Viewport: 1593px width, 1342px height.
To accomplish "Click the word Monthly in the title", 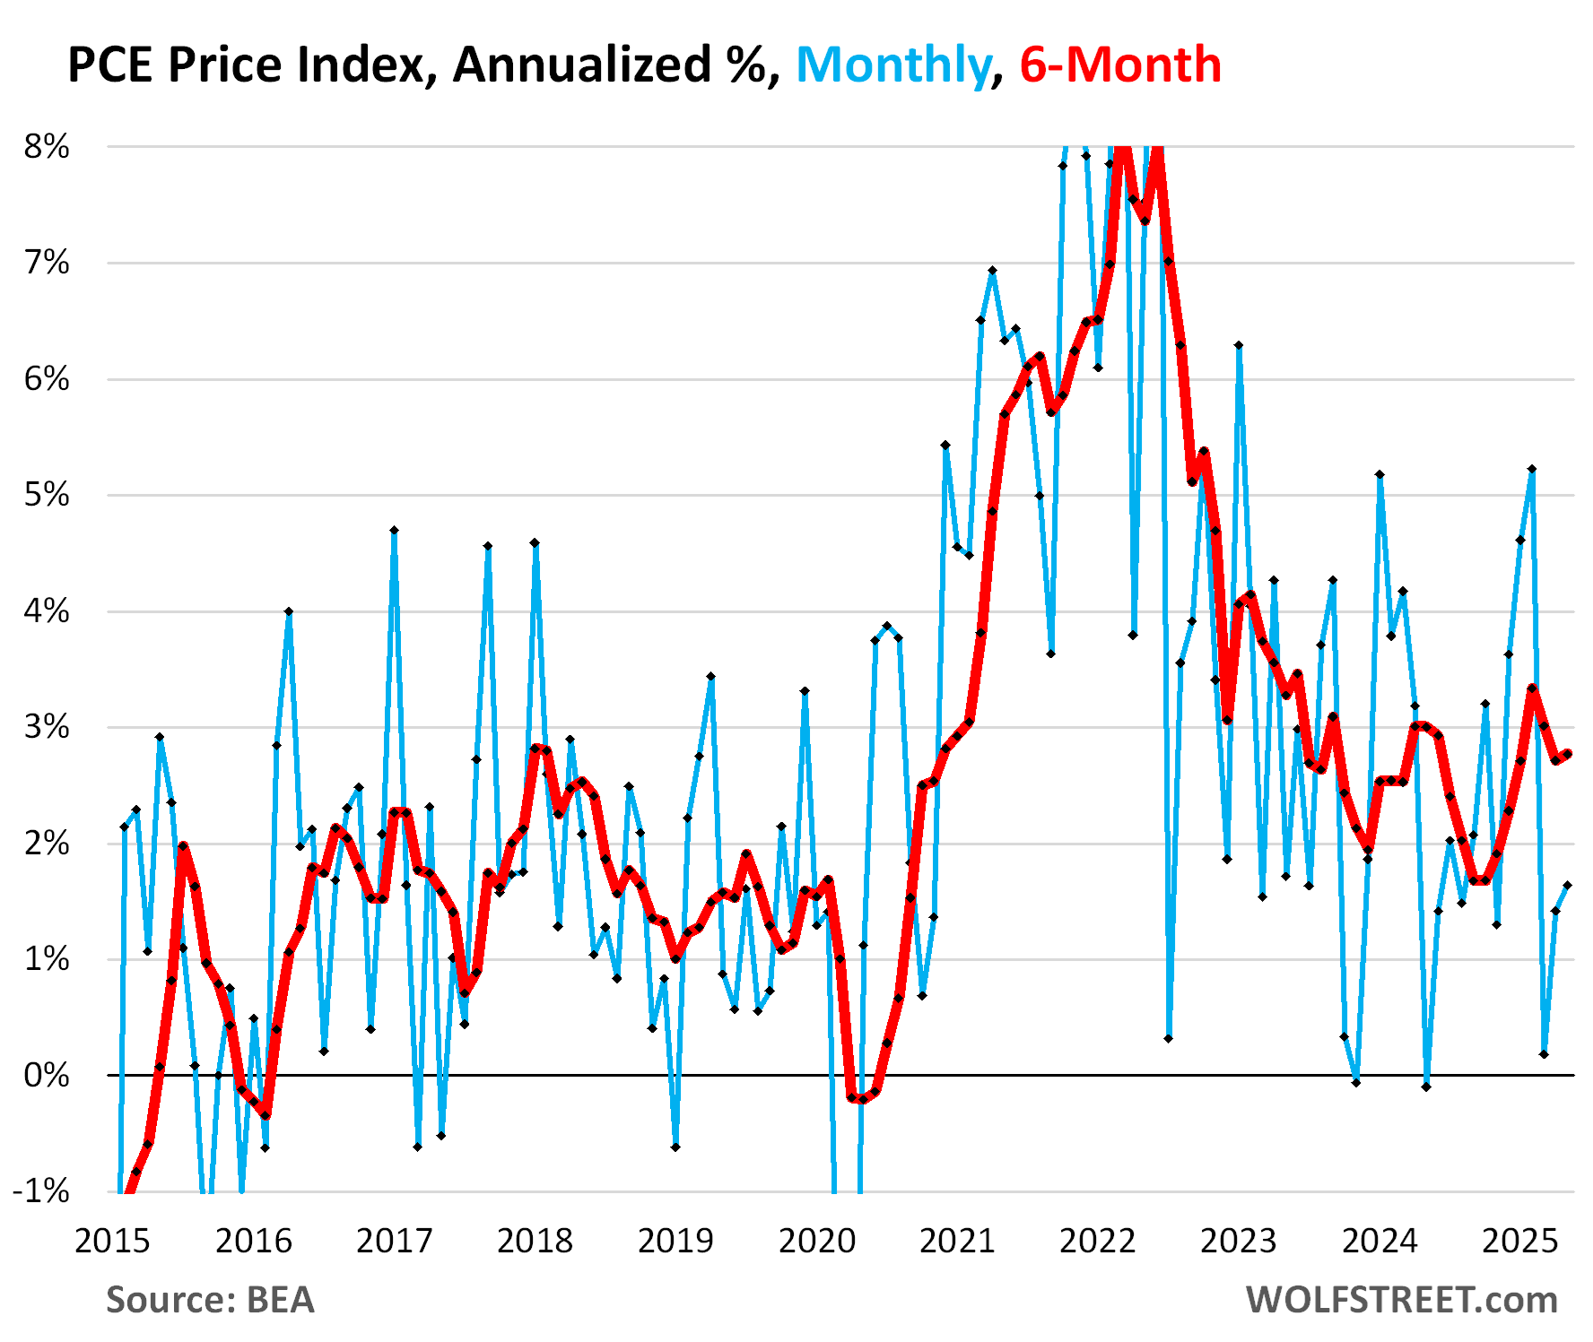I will pyautogui.click(x=892, y=65).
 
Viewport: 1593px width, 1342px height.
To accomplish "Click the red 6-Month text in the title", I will pyautogui.click(x=1120, y=65).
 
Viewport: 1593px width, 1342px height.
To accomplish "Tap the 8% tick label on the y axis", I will pyautogui.click(x=47, y=147).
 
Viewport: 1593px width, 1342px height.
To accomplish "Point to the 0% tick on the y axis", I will pyautogui.click(x=47, y=1075).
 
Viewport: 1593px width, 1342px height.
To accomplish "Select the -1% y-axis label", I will pyautogui.click(x=41, y=1191).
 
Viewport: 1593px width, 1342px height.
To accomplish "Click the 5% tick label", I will pyautogui.click(x=47, y=495).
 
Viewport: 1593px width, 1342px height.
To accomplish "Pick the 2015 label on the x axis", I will pyautogui.click(x=113, y=1242).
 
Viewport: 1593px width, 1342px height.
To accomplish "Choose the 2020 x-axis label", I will pyautogui.click(x=816, y=1242).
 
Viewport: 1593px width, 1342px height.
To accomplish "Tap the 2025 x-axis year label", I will pyautogui.click(x=1519, y=1242).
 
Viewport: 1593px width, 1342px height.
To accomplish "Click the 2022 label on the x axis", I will pyautogui.click(x=1098, y=1242).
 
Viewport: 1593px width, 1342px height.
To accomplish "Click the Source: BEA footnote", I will pyautogui.click(x=210, y=1300).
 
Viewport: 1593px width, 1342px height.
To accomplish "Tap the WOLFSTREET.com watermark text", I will pyautogui.click(x=1401, y=1300).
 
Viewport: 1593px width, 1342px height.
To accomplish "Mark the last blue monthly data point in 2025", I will pyautogui.click(x=1567, y=886).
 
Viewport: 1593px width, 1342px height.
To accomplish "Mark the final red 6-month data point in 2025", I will pyautogui.click(x=1567, y=754).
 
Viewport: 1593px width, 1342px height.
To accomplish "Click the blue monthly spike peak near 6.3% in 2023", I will pyautogui.click(x=1239, y=345).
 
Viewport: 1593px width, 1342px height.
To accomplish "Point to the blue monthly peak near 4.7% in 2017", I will pyautogui.click(x=394, y=531).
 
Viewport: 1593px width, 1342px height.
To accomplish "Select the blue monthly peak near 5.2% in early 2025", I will pyautogui.click(x=1532, y=469).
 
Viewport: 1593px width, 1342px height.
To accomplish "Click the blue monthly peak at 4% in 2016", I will pyautogui.click(x=289, y=611).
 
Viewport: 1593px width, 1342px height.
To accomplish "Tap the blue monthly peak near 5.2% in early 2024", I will pyautogui.click(x=1380, y=474).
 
